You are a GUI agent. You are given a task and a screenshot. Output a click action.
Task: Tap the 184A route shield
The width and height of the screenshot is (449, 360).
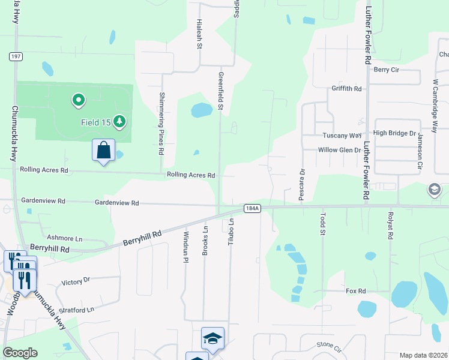252,208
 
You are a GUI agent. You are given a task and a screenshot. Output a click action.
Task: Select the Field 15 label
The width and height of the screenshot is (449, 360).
96,122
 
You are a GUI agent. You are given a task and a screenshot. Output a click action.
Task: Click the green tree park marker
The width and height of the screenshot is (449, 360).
120,122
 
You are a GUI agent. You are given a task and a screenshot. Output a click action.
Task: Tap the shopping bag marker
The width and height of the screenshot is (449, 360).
103,151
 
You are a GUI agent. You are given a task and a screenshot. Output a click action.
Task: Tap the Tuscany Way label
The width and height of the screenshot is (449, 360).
342,136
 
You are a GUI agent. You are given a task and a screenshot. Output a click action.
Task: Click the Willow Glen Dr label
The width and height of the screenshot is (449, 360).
339,150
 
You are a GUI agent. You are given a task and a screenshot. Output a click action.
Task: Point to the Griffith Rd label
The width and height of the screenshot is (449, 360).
347,89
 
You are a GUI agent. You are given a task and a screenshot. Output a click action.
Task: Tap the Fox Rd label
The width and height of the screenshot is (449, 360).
355,291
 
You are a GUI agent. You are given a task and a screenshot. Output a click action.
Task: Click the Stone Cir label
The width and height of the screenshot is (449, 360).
328,346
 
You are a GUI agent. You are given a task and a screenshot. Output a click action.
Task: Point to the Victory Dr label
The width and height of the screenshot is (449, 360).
76,280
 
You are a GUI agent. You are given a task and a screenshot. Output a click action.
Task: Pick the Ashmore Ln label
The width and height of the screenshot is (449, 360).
64,238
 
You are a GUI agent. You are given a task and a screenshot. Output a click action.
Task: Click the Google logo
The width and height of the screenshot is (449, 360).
20,353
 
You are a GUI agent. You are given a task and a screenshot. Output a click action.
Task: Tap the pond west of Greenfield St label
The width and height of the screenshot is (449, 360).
201,110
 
